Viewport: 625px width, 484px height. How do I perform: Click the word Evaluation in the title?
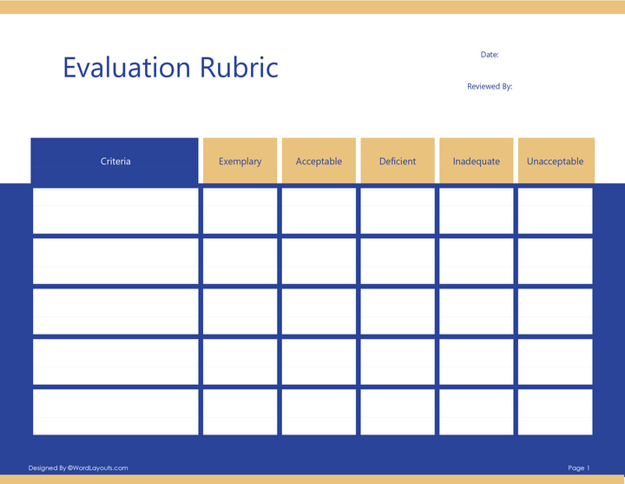pos(126,68)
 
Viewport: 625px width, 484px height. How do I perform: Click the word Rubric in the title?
pos(240,68)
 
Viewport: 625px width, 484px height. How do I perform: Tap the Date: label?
pos(490,55)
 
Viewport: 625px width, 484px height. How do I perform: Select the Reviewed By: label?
pos(490,87)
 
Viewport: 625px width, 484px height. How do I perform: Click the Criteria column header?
pos(115,162)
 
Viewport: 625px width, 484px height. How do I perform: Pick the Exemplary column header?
pos(240,162)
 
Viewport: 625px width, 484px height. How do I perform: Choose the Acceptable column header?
pos(319,162)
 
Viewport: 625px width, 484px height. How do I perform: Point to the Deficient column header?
pos(398,162)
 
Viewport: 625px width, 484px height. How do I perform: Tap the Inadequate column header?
pos(477,162)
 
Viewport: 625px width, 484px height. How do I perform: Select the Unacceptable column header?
pos(555,162)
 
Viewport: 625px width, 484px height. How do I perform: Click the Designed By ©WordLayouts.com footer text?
pos(78,468)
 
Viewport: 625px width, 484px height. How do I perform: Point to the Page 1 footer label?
pos(579,468)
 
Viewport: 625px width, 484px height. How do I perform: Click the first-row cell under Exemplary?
pos(240,211)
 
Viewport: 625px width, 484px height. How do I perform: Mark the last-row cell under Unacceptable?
pos(555,412)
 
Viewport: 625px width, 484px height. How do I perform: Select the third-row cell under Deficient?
pos(398,311)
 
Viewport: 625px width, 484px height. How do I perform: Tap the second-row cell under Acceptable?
pos(319,261)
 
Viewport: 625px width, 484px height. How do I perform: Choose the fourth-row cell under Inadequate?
pos(477,361)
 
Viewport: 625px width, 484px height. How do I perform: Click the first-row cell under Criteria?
pos(115,211)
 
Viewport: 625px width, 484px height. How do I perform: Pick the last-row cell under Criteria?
pos(115,412)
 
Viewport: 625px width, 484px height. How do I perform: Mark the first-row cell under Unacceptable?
pos(555,211)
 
